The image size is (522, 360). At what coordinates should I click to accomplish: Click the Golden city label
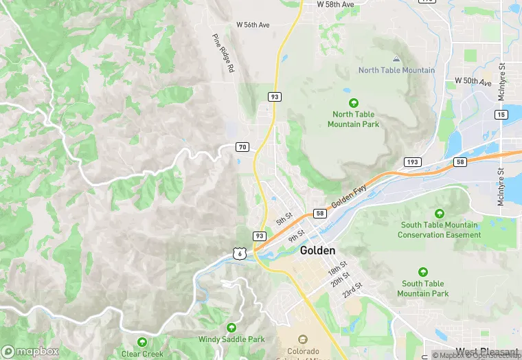click(x=317, y=251)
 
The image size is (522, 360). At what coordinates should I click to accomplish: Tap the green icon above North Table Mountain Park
click(x=354, y=102)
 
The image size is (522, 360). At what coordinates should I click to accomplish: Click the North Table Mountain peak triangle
click(x=396, y=60)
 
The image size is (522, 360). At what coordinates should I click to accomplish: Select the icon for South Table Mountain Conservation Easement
click(x=440, y=213)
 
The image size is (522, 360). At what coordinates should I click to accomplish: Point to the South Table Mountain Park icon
click(x=422, y=272)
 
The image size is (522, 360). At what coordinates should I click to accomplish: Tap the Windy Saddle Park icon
click(x=231, y=328)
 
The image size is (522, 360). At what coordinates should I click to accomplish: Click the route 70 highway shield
click(x=242, y=147)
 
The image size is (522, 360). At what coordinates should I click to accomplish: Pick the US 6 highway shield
click(x=238, y=253)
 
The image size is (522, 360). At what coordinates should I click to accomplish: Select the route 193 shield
click(x=412, y=162)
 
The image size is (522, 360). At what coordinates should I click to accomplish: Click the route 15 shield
click(x=501, y=114)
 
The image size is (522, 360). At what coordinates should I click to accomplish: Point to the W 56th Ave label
click(x=253, y=25)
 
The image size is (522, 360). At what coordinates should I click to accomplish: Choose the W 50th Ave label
click(x=474, y=81)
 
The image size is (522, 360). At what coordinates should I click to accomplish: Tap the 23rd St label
click(x=353, y=289)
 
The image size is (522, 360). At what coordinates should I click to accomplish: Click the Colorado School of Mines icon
click(x=302, y=339)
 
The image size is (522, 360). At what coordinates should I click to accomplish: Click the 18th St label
click(x=337, y=268)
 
